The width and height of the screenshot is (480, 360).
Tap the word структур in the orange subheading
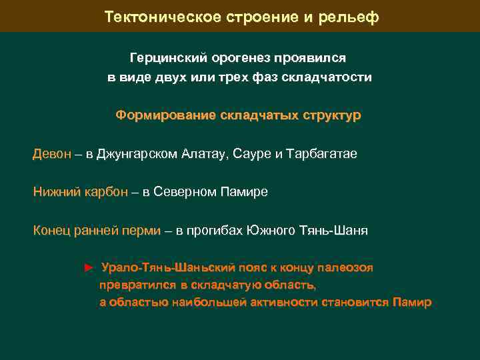[x=329, y=115]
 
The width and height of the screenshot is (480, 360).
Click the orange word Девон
[x=51, y=154]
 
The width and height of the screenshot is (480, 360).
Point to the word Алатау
[x=203, y=154]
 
